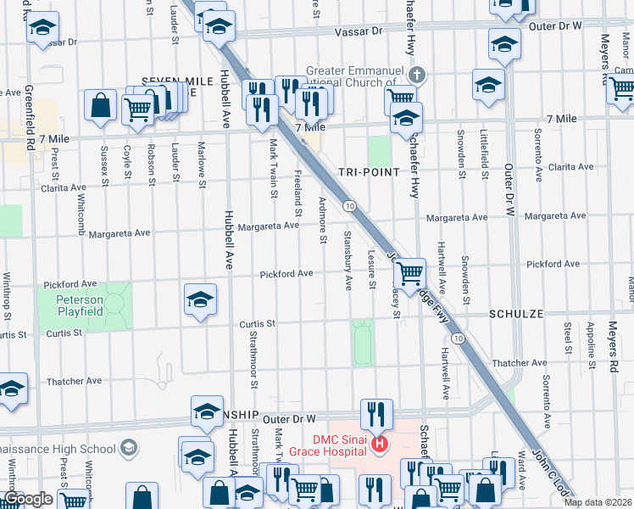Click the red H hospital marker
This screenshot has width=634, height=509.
pyautogui.click(x=380, y=443)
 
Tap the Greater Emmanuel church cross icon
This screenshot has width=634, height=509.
pyautogui.click(x=415, y=76)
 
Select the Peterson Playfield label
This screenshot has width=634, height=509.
pyautogui.click(x=80, y=305)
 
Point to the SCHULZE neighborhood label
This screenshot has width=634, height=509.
pyautogui.click(x=515, y=313)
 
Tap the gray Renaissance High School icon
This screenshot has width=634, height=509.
pyautogui.click(x=128, y=448)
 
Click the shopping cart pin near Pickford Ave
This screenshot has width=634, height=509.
pyautogui.click(x=410, y=273)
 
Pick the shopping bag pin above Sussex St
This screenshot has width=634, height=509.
pyautogui.click(x=100, y=105)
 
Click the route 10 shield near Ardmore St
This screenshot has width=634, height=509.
pyautogui.click(x=348, y=206)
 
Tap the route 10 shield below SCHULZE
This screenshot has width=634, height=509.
pyautogui.click(x=458, y=338)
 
